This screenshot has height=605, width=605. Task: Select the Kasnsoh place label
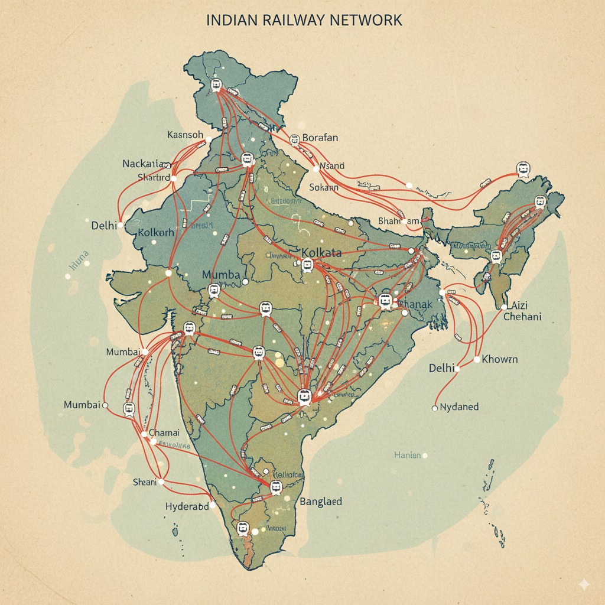(x=185, y=135)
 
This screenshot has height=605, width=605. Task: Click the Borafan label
(x=320, y=138)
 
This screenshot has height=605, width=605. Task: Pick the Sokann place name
(x=324, y=187)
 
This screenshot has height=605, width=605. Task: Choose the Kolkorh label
(x=155, y=232)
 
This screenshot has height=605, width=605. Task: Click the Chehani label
(x=522, y=317)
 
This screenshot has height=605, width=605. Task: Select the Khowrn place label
(x=500, y=359)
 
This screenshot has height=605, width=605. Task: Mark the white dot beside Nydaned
(x=435, y=408)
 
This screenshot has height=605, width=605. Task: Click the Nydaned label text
(x=460, y=407)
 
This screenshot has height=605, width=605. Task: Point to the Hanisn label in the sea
(x=408, y=455)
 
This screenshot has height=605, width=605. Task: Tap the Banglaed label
(x=321, y=502)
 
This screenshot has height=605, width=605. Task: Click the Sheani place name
(x=145, y=482)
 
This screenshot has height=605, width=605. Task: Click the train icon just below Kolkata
(x=307, y=266)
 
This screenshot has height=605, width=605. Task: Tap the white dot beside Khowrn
(x=476, y=360)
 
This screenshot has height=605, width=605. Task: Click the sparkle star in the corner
(x=584, y=584)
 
